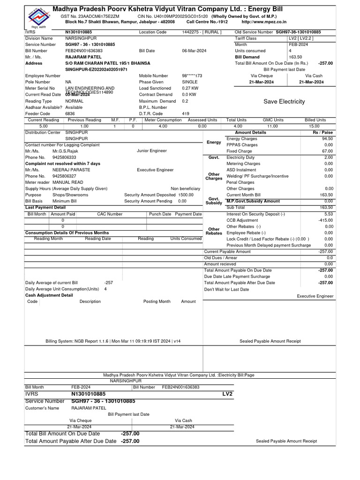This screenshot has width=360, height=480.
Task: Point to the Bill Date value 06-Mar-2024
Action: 194,51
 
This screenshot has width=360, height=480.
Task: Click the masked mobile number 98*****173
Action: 192,75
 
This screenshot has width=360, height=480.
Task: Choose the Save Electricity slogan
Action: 284,101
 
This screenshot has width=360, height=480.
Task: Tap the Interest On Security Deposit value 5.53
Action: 328,214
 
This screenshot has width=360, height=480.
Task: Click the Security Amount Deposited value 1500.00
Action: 186,195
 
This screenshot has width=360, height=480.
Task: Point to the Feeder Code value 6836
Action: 70,113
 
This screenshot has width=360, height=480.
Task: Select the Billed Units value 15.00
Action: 314,126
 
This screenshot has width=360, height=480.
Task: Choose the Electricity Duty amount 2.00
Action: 328,157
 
